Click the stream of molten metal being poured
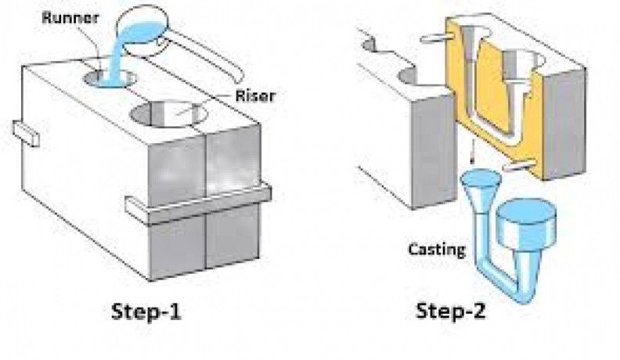(x=114, y=55)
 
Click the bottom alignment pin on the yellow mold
(x=523, y=165)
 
